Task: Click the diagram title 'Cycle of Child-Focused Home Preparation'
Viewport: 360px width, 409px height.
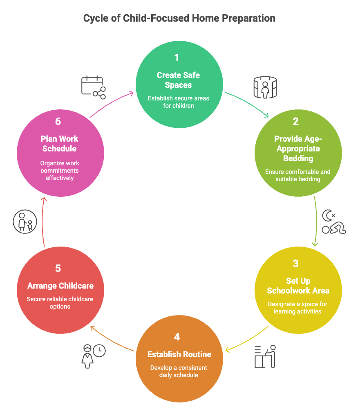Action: [179, 18]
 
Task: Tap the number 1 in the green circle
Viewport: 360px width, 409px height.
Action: [177, 58]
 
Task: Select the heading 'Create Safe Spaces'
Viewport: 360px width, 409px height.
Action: [179, 80]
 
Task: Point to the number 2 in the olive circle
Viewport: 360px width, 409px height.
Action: [296, 121]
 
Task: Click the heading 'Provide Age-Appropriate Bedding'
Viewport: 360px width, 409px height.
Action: [298, 148]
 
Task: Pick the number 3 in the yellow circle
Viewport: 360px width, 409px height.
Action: [296, 263]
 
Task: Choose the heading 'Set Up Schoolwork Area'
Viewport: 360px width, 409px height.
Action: [298, 286]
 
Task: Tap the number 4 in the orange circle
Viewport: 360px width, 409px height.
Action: [177, 337]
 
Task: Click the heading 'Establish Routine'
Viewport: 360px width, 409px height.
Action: [179, 354]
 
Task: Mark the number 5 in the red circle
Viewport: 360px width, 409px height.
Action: [58, 268]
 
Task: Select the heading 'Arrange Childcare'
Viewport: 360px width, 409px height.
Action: [60, 286]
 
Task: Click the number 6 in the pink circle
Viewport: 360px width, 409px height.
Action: [58, 122]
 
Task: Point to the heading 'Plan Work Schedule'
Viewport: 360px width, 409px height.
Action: [60, 144]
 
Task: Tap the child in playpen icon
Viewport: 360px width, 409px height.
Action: [265, 87]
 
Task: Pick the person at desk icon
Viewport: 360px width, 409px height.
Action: [265, 356]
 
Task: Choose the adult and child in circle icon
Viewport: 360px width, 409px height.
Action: [25, 222]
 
